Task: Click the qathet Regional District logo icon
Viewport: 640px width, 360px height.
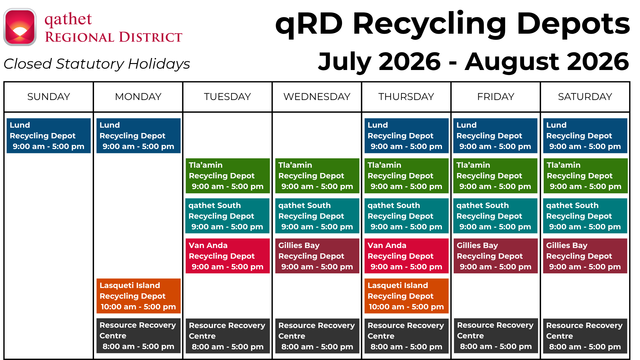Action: point(20,27)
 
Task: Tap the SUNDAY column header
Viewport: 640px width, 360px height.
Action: point(49,97)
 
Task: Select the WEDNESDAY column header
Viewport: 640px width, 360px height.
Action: point(317,97)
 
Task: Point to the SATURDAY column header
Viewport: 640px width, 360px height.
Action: point(585,97)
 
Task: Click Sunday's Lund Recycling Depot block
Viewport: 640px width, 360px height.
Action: point(49,136)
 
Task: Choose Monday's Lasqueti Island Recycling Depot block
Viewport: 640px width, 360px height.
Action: point(138,296)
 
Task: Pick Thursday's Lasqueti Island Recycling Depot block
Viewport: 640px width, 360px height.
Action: point(406,296)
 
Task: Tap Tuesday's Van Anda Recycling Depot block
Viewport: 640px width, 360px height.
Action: point(228,256)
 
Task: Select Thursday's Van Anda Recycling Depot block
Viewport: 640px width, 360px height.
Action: point(406,256)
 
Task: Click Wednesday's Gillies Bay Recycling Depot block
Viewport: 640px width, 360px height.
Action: point(317,256)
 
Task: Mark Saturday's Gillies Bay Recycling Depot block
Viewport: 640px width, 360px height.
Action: point(585,256)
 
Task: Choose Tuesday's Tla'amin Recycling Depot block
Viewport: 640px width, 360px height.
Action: point(228,176)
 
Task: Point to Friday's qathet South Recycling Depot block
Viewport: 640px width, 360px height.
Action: point(495,216)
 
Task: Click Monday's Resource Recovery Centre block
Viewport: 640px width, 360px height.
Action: point(138,336)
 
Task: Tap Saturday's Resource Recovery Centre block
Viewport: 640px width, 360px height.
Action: point(585,336)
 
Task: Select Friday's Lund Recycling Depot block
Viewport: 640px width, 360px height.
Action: point(495,136)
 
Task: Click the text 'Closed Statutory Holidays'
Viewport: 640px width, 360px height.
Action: point(97,64)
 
